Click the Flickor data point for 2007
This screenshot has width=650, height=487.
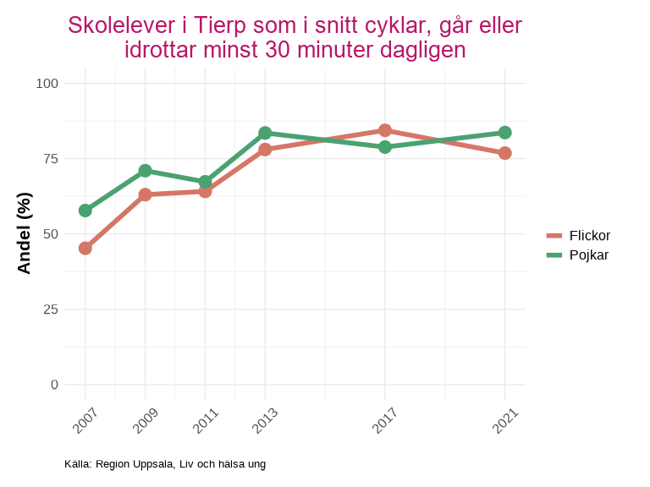85,249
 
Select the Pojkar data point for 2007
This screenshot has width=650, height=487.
85,211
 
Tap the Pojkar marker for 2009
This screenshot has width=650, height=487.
146,171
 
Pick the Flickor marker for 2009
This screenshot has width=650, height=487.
146,194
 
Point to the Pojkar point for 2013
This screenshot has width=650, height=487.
265,133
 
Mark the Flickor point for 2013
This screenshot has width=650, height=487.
265,150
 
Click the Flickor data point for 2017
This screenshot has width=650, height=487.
385,130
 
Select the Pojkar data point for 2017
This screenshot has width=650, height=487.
385,147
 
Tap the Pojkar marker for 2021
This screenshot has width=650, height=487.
505,133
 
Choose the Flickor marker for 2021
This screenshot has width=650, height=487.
505,153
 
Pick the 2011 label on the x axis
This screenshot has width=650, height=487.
207,419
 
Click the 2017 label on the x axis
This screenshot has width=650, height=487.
387,419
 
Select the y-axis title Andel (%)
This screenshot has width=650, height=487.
25,233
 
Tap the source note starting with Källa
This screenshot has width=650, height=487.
165,464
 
